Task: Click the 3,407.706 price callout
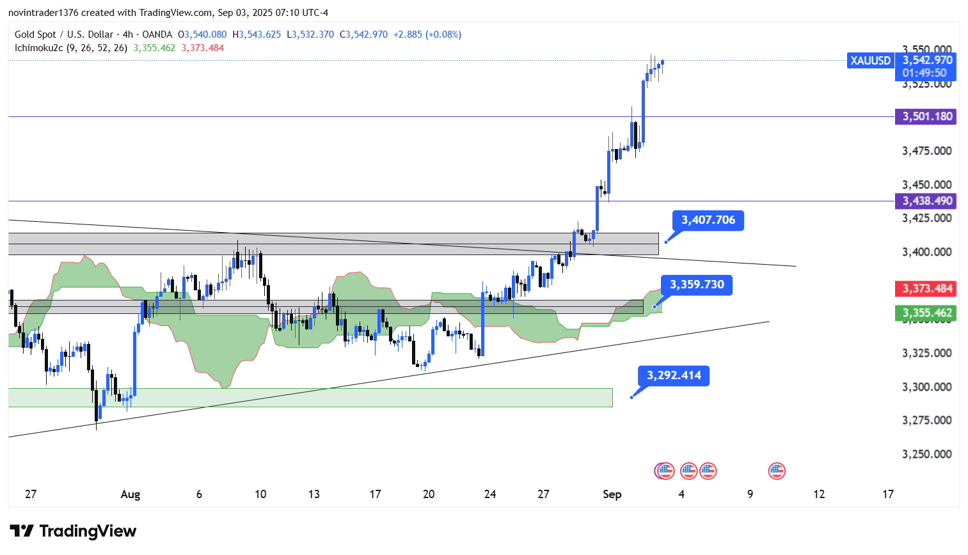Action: [x=708, y=220]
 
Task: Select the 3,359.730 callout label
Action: [x=697, y=285]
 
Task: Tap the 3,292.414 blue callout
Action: [x=674, y=375]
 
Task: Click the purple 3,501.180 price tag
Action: [x=927, y=116]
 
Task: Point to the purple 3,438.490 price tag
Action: [x=927, y=201]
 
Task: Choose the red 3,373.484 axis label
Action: [x=927, y=288]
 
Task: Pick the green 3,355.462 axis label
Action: [x=927, y=313]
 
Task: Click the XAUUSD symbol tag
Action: [x=870, y=61]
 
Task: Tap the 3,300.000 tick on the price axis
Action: [x=926, y=387]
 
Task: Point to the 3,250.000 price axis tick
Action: [x=926, y=454]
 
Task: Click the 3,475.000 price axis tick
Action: [x=926, y=151]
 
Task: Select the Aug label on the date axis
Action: [x=130, y=494]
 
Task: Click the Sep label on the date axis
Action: [x=612, y=494]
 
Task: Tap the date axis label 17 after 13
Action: [x=375, y=494]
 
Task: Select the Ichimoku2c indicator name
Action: [x=38, y=48]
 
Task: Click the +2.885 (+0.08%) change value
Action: [x=427, y=35]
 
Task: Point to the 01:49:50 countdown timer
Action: [x=924, y=73]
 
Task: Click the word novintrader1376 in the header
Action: [x=43, y=13]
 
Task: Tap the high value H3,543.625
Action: [x=257, y=35]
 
